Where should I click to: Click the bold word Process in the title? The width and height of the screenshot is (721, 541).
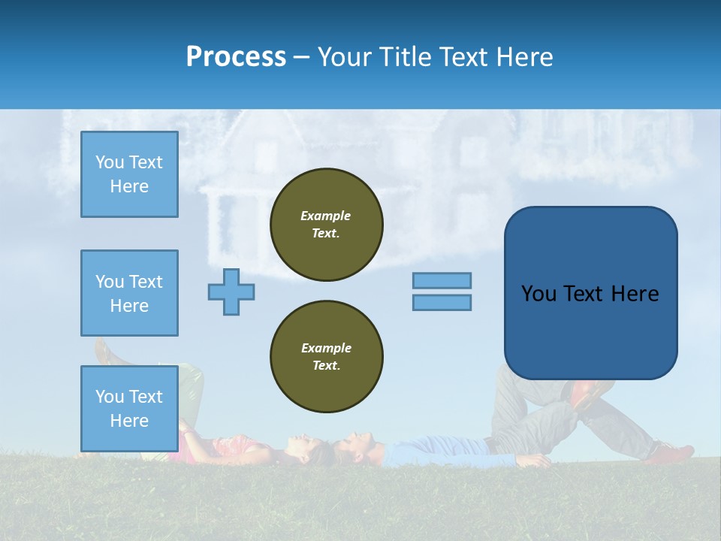click(x=236, y=56)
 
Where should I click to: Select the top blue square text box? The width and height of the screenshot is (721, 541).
click(x=129, y=174)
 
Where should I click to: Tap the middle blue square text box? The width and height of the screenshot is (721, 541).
click(x=129, y=293)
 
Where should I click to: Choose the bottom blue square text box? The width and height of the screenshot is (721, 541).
click(x=129, y=408)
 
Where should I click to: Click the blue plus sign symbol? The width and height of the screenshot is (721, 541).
click(x=231, y=292)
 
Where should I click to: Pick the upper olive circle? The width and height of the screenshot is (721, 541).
click(x=327, y=225)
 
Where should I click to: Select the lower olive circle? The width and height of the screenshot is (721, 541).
click(x=327, y=357)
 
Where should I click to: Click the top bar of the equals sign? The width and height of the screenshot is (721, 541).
click(x=442, y=280)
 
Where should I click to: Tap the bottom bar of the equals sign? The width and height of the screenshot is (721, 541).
click(x=442, y=302)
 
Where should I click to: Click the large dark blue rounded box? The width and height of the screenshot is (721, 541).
click(x=590, y=293)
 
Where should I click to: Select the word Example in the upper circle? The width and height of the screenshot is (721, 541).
click(x=326, y=216)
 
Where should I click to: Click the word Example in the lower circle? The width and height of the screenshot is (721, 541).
click(x=326, y=348)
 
